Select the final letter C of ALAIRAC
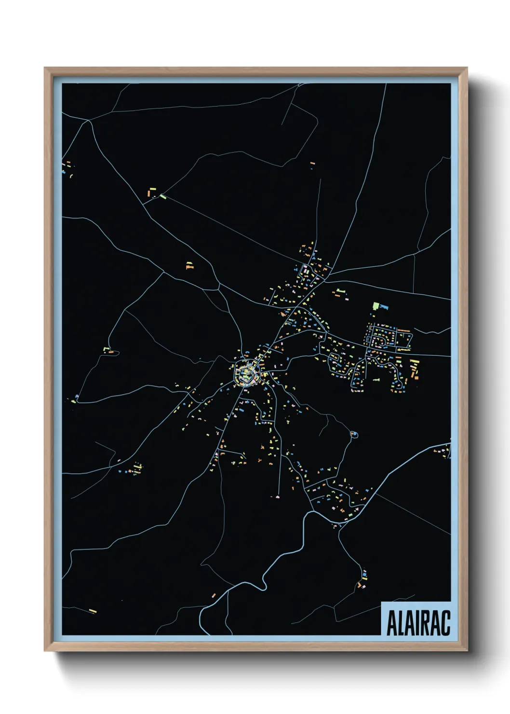pyautogui.click(x=445, y=623)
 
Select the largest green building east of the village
pyautogui.click(x=376, y=306)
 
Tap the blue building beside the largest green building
pyautogui.click(x=384, y=307)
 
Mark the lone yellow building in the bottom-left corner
pyautogui.click(x=93, y=611)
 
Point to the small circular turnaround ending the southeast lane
pyautogui.click(x=355, y=435)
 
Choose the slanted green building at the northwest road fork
pyautogui.click(x=163, y=196)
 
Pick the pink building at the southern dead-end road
pyautogui.click(x=278, y=496)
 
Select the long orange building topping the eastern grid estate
pyautogui.click(x=403, y=331)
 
